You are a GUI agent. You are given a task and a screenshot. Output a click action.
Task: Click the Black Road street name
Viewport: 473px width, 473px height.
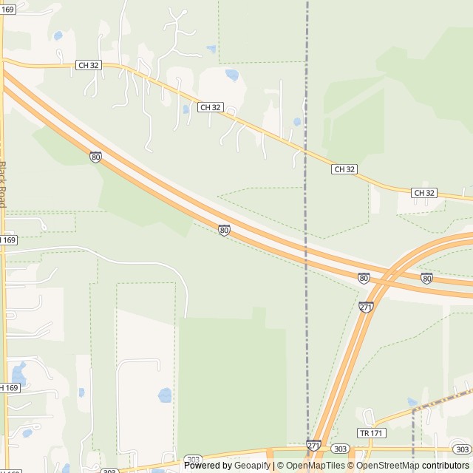coord(3,184)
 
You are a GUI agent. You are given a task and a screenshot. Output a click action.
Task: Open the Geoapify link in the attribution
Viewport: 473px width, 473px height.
coord(253,466)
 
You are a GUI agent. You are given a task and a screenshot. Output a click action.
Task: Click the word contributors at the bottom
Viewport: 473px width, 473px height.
coord(446,466)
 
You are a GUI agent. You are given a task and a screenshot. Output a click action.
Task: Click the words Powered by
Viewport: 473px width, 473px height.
coord(207,466)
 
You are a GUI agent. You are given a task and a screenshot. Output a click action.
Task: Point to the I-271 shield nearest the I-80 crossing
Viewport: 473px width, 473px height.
coord(367,307)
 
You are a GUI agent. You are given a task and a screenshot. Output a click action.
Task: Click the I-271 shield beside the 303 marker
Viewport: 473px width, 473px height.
coord(313,446)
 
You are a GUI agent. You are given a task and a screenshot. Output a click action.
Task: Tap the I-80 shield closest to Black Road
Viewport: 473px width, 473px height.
coord(95,156)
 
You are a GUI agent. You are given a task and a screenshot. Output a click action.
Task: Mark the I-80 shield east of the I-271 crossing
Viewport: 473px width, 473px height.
coord(426,278)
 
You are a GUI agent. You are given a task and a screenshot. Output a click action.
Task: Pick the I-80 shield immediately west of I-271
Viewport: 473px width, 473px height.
coord(364,277)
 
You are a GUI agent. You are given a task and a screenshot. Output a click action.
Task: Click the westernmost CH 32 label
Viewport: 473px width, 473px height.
coord(88,65)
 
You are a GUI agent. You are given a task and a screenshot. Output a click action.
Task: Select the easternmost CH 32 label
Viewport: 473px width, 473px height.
coord(424,193)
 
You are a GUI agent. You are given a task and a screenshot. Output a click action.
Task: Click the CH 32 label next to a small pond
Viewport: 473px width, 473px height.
coord(210,107)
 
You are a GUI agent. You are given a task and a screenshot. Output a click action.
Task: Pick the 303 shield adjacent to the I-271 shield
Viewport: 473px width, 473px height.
coord(340,448)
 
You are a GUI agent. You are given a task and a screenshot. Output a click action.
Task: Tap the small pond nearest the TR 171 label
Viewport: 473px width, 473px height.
coord(412,403)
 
